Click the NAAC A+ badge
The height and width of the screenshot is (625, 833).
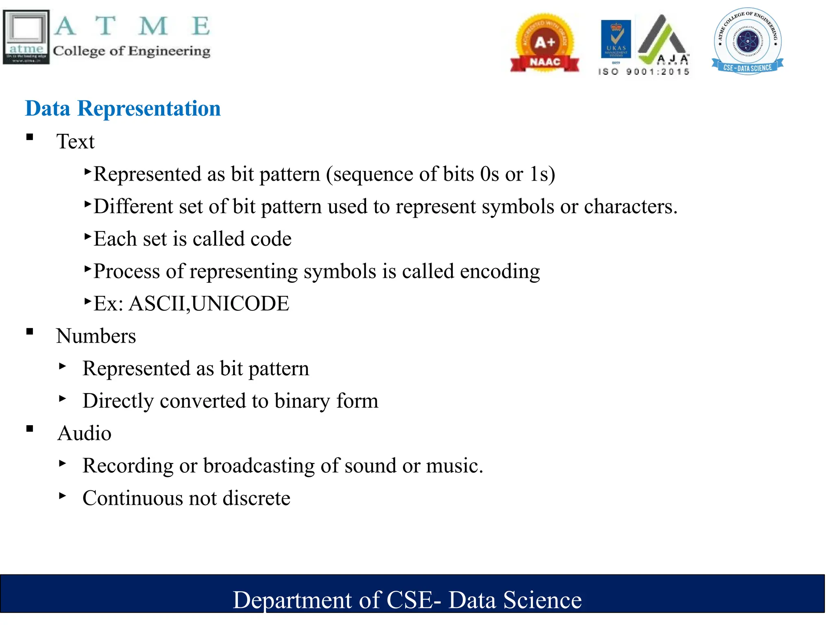click(x=545, y=44)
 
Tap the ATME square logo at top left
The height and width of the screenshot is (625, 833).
click(x=26, y=37)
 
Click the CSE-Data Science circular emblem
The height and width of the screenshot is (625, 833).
click(x=748, y=41)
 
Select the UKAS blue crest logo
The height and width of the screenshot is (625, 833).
click(x=616, y=39)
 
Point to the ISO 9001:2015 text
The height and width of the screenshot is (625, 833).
click(x=644, y=72)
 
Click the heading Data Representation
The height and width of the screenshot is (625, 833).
click(x=123, y=109)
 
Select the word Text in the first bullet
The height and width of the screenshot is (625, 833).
click(x=75, y=142)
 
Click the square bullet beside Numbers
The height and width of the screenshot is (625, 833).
click(x=30, y=332)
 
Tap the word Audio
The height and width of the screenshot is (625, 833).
click(x=84, y=433)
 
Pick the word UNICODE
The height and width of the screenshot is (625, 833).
click(x=240, y=304)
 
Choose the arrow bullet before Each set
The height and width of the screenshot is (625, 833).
click(x=87, y=236)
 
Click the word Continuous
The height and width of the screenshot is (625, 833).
click(x=133, y=498)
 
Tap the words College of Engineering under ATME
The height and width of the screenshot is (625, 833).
click(x=131, y=51)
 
